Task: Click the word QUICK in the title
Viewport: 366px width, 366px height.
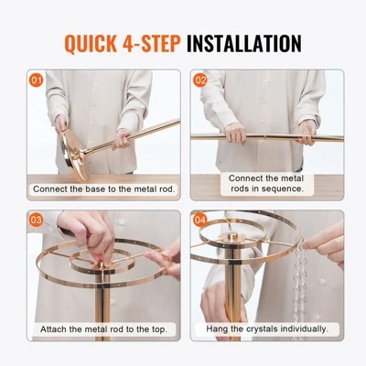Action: (91, 44)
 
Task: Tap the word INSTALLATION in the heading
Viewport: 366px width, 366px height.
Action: (244, 43)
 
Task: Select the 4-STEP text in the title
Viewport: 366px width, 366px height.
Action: (151, 43)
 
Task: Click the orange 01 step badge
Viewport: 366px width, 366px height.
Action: (37, 81)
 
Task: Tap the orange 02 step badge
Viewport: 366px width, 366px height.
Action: (200, 81)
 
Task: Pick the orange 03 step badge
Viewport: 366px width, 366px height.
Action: (37, 221)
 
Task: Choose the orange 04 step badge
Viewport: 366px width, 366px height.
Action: (200, 221)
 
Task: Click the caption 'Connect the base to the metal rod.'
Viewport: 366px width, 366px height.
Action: (104, 189)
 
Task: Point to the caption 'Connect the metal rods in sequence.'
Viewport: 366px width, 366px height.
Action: (266, 183)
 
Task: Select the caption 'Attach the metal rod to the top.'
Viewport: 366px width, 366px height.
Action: (104, 329)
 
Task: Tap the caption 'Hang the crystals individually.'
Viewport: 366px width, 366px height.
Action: (267, 329)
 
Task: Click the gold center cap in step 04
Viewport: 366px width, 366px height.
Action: (232, 237)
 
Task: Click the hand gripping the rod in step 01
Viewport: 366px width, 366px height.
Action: (122, 139)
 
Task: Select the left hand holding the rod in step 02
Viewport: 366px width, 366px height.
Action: (235, 134)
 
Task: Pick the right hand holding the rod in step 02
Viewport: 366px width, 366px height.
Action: (307, 133)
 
